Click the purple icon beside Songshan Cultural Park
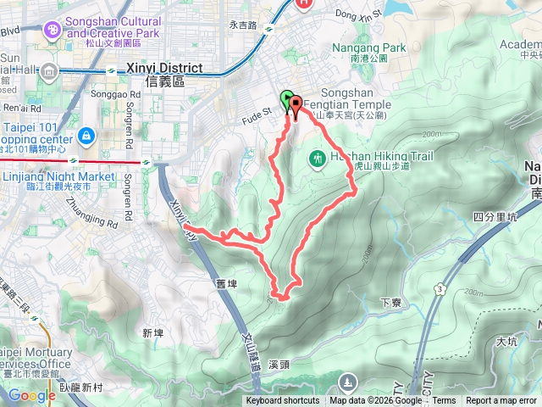click(x=53, y=31)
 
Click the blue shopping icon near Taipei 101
click(x=86, y=136)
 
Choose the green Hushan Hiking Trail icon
click(x=318, y=158)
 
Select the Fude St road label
click(x=255, y=109)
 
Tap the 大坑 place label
click(x=507, y=341)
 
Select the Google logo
click(x=31, y=395)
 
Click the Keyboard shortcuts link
click(x=283, y=401)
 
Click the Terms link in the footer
click(x=444, y=401)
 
